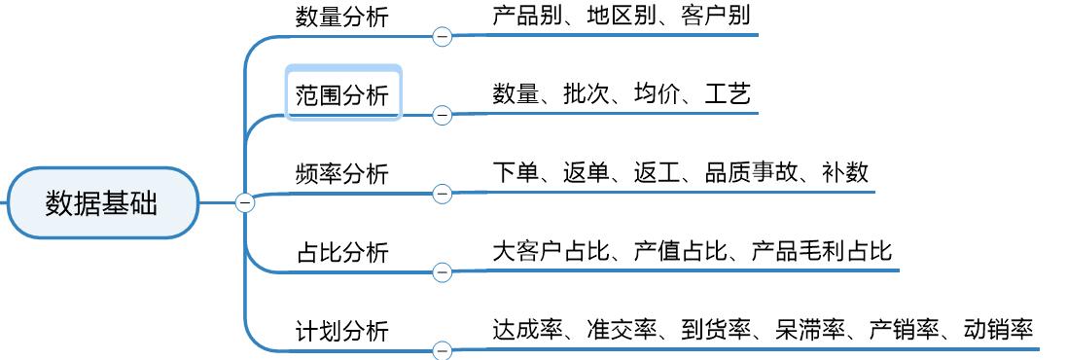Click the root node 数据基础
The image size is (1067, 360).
(101, 202)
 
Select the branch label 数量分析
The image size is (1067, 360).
(341, 17)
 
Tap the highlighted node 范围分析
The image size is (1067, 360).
(342, 94)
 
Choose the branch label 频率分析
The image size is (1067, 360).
(341, 173)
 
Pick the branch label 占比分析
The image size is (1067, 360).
(341, 252)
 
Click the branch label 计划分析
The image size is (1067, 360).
(341, 331)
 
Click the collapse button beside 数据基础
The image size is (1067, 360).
(245, 202)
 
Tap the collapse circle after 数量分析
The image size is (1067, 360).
(443, 37)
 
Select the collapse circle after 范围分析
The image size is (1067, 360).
(443, 115)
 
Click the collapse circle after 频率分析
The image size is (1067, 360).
(443, 194)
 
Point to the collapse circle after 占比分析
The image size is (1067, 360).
(443, 272)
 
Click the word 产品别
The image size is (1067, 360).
(528, 16)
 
